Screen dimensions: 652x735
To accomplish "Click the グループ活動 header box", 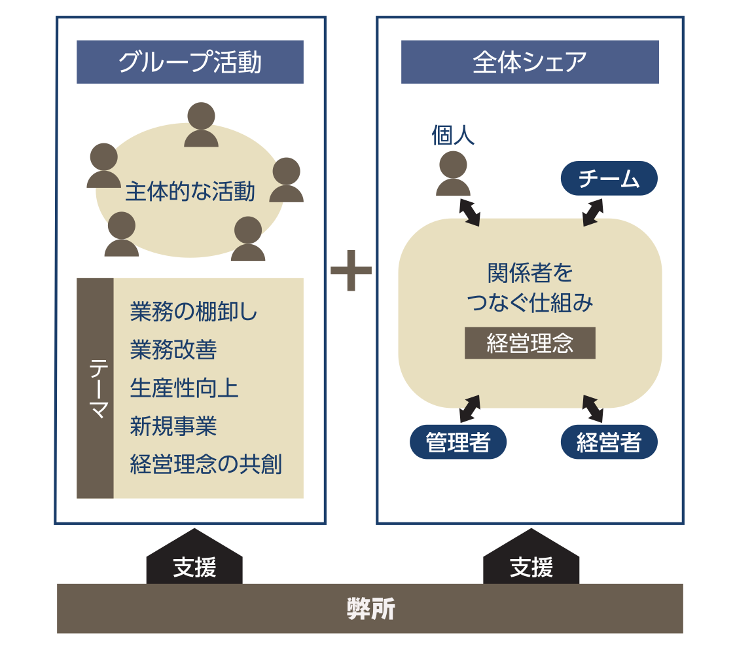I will [x=190, y=62].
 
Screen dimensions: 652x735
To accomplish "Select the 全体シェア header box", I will [x=529, y=62].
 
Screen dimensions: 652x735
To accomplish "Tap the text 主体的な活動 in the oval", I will [x=190, y=192].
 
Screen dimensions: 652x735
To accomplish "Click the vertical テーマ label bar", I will [x=95, y=388].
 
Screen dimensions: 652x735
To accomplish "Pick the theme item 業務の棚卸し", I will [x=194, y=312].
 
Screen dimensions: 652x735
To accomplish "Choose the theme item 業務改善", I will [x=173, y=350].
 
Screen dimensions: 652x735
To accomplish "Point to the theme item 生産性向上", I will [x=184, y=388].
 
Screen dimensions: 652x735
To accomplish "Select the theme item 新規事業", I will [x=173, y=426].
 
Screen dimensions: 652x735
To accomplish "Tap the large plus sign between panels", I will [x=351, y=270].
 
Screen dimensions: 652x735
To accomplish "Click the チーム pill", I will [x=609, y=178].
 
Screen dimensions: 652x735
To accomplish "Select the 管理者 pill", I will [x=458, y=443].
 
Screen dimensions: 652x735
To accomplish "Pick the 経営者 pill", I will [x=609, y=443].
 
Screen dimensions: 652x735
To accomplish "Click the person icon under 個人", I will [x=453, y=174].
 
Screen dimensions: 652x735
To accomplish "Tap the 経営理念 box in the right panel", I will [x=529, y=343].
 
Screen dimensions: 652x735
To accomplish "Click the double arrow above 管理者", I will [x=469, y=408].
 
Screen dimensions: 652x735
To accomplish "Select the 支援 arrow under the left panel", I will [x=194, y=560].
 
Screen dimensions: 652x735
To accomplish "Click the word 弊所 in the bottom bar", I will [x=370, y=609].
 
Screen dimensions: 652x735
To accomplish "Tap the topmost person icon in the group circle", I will [x=201, y=125].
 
